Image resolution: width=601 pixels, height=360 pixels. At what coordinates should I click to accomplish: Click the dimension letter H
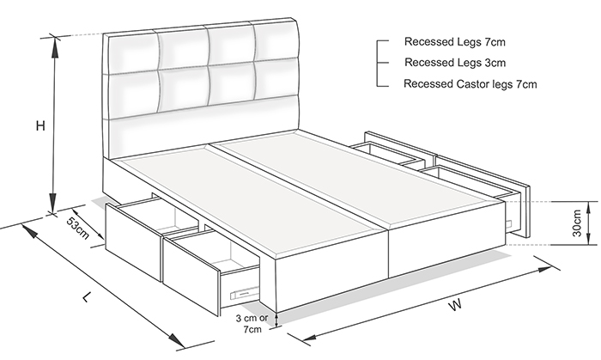pyautogui.click(x=40, y=125)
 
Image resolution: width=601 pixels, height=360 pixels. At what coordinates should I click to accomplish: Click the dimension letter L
pyautogui.click(x=88, y=296)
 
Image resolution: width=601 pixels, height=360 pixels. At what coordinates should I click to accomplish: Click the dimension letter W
pyautogui.click(x=455, y=305)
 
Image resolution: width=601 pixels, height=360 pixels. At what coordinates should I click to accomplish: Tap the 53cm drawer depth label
pyautogui.click(x=78, y=229)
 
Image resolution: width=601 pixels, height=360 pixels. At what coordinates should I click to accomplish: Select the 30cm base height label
pyautogui.click(x=577, y=223)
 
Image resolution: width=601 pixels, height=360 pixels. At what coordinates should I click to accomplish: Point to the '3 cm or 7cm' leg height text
pyautogui.click(x=252, y=323)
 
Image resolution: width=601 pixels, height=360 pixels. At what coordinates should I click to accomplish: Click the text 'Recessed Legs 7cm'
pyautogui.click(x=454, y=41)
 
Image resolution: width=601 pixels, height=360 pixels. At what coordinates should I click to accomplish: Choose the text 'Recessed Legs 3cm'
pyautogui.click(x=455, y=62)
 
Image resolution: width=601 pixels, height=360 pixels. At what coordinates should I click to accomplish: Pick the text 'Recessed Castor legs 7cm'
pyautogui.click(x=470, y=83)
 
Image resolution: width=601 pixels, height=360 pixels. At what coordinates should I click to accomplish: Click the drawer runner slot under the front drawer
pyautogui.click(x=244, y=293)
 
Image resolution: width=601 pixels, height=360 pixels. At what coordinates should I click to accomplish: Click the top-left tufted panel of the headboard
pyautogui.click(x=132, y=53)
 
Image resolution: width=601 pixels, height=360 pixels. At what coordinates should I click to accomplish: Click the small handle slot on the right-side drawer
pyautogui.click(x=510, y=223)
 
